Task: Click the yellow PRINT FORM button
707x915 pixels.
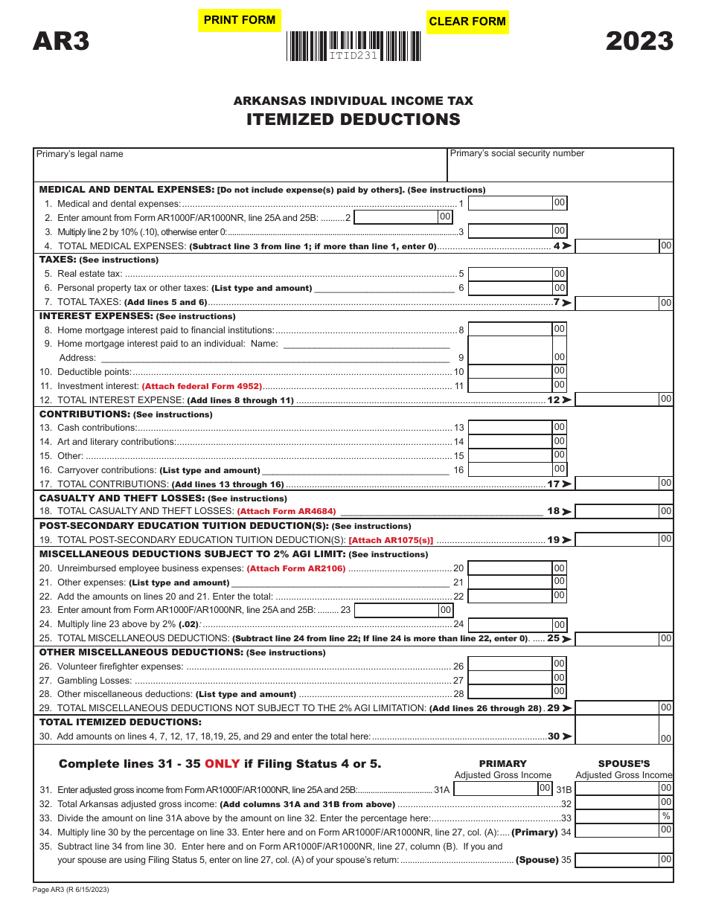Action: [x=239, y=20]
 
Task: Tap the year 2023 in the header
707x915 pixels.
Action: [x=639, y=41]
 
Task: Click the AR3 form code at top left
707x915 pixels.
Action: [x=61, y=41]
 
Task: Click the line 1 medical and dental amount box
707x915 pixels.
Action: [x=510, y=203]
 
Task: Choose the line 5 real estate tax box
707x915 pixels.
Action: [x=510, y=274]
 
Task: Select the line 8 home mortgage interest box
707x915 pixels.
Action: [x=510, y=330]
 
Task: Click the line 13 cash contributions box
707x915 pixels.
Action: [x=510, y=427]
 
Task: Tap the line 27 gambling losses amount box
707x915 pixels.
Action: [x=510, y=679]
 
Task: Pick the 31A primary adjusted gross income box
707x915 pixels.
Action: [x=495, y=789]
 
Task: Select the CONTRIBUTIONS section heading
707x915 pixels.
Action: [x=84, y=414]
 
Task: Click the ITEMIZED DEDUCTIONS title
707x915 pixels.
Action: [x=353, y=120]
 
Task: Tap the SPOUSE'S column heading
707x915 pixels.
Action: [x=624, y=763]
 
